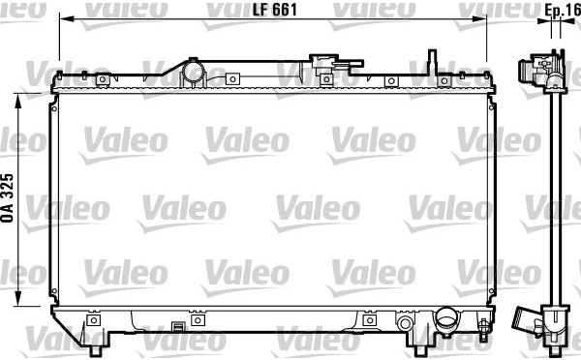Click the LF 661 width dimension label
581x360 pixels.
275,10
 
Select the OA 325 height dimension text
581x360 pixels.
7,197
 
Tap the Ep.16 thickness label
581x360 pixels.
562,10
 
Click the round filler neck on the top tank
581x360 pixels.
193,72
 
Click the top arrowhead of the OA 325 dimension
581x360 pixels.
17,101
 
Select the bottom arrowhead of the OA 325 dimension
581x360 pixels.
17,299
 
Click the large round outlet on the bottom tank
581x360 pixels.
446,318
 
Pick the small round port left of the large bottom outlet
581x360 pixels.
404,323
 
